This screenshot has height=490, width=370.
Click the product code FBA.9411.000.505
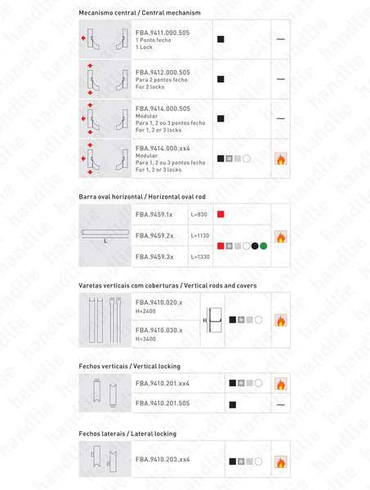point(163,32)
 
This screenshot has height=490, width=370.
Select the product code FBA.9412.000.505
point(163,72)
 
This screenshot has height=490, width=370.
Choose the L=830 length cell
point(200,215)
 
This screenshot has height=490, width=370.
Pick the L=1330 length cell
point(201,256)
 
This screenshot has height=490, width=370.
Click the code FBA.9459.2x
point(154,235)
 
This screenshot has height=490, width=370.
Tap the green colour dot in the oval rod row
point(264,245)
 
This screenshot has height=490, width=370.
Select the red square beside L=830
point(221,215)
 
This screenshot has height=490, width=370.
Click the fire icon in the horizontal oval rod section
point(280,237)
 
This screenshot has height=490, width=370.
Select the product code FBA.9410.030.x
point(158,330)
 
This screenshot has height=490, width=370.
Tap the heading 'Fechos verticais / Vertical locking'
point(130,366)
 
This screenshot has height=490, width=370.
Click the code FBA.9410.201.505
point(163,403)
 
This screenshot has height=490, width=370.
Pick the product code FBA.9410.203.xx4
point(163,460)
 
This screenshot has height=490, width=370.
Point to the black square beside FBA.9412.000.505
point(221,79)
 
